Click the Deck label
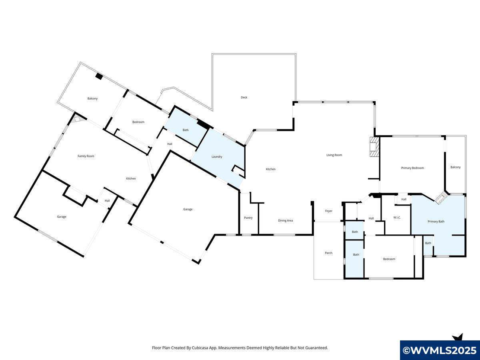[244, 98]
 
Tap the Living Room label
[334, 155]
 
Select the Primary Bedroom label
[412, 168]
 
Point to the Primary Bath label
[436, 222]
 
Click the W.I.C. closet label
[397, 218]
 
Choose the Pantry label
[248, 218]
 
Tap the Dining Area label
[285, 220]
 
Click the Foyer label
[329, 211]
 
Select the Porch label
[328, 253]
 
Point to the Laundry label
[217, 157]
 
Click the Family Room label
[86, 156]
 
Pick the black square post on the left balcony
[99, 76]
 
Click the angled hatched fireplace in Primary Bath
[441, 198]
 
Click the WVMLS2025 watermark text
[440, 350]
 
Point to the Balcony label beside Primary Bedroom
[456, 167]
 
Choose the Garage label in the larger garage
[188, 209]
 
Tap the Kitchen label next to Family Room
[131, 178]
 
